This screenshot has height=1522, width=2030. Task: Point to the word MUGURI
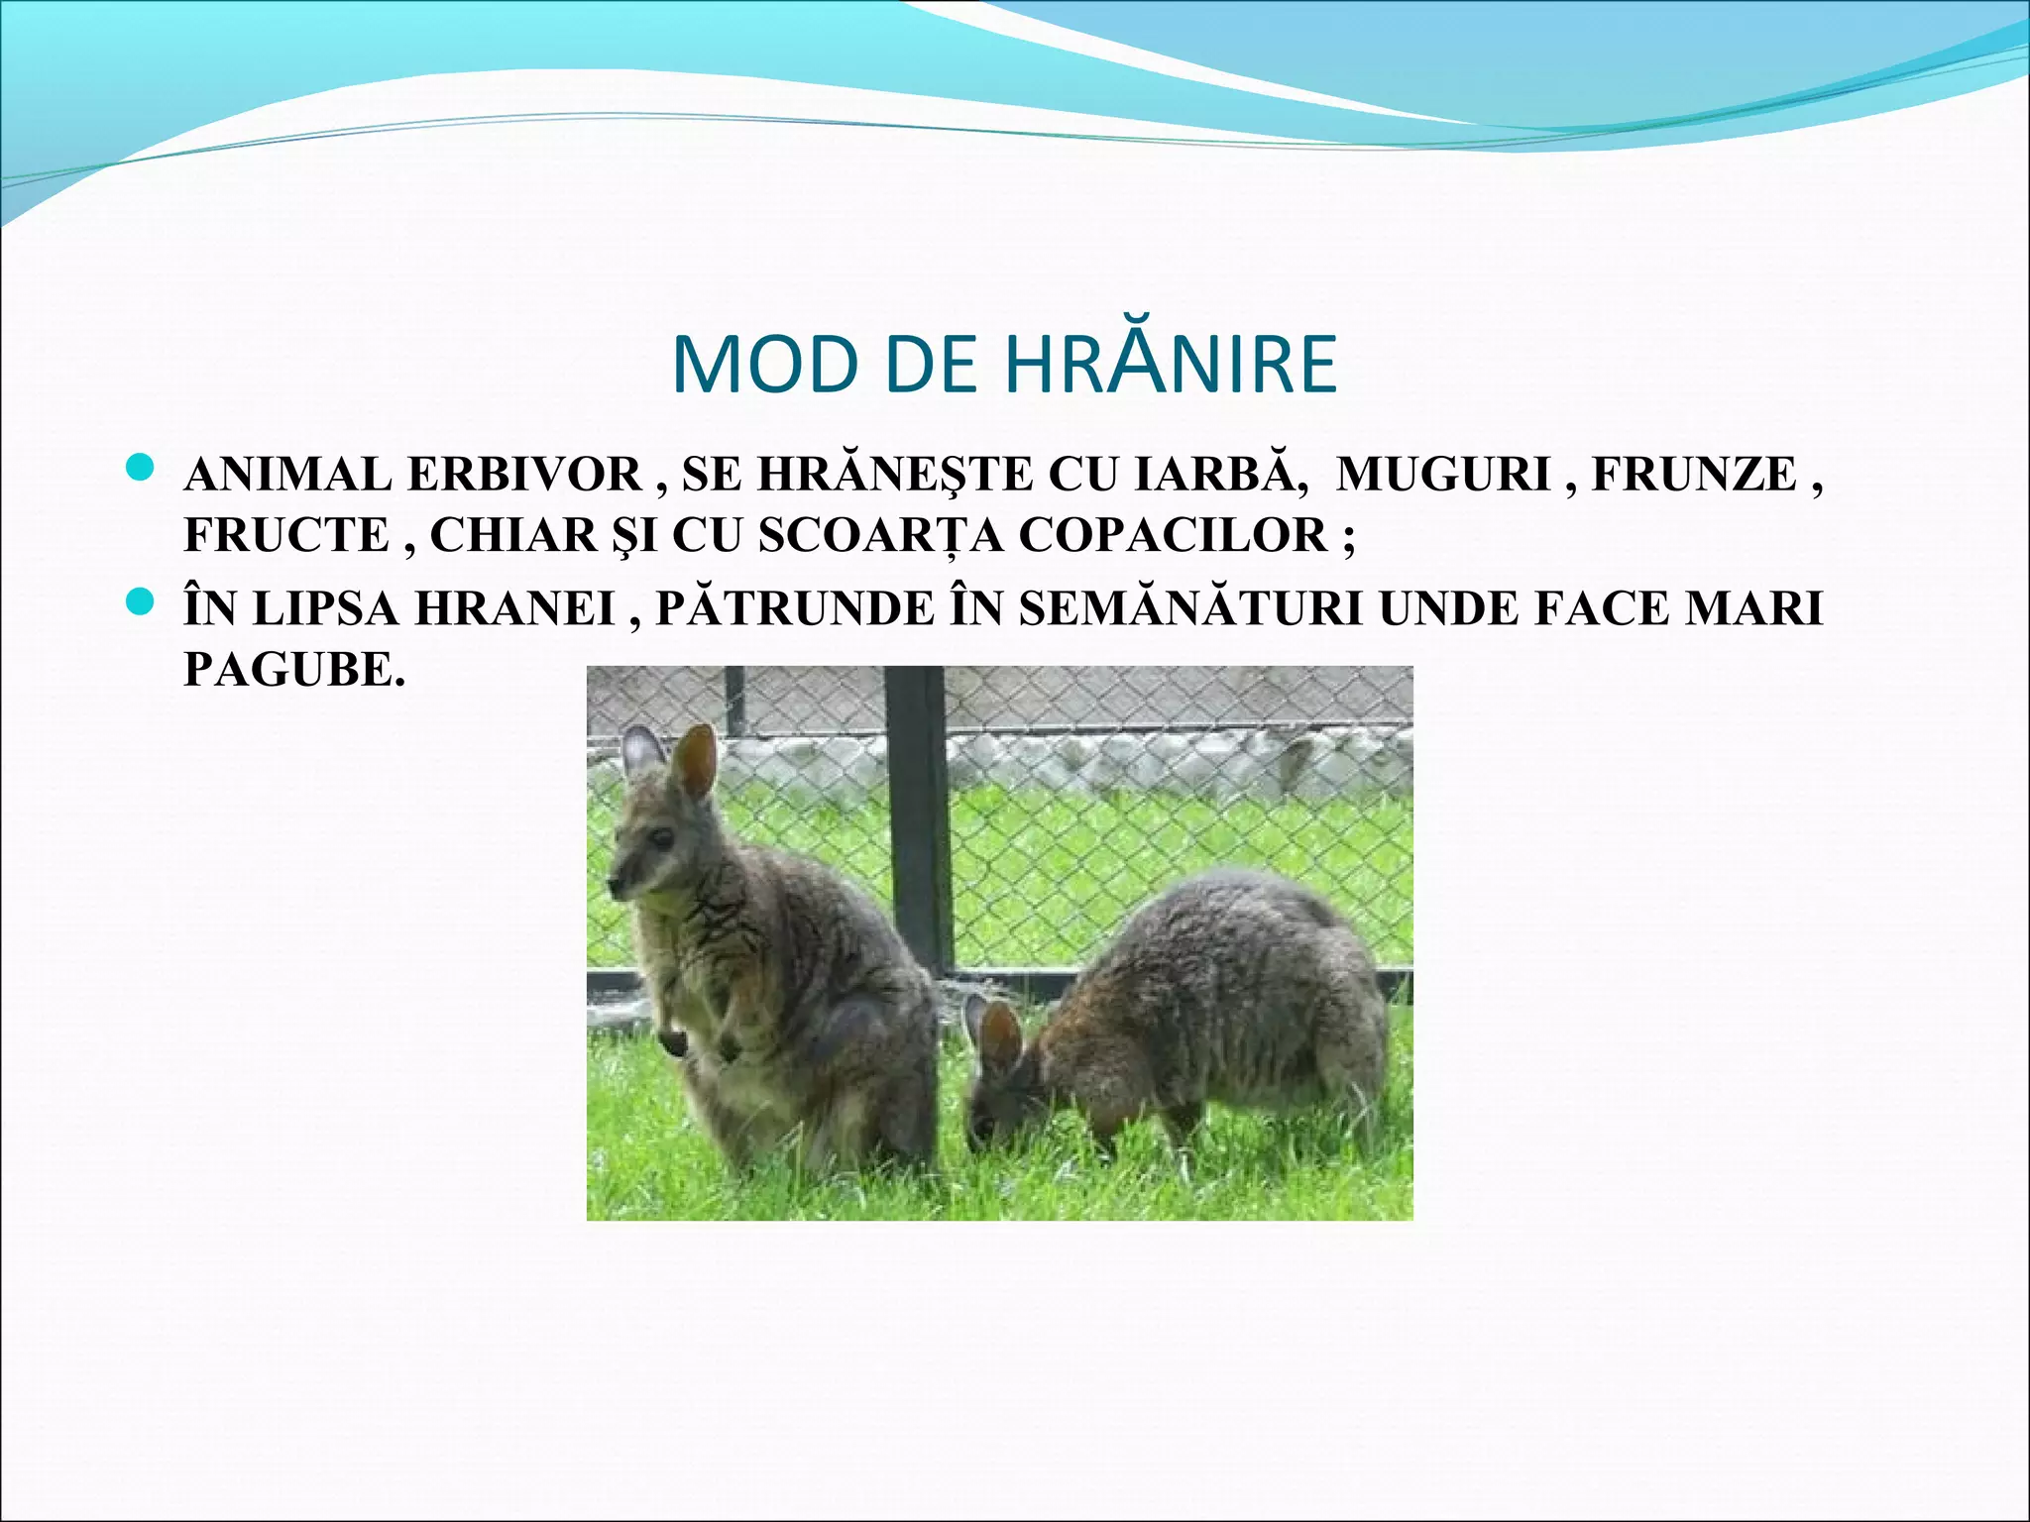point(1443,475)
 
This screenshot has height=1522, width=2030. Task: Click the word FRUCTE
point(286,535)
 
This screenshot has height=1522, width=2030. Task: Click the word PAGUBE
point(294,670)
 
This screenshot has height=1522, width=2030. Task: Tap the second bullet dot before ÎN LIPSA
point(142,600)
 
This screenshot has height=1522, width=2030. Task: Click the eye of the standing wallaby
point(659,837)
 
